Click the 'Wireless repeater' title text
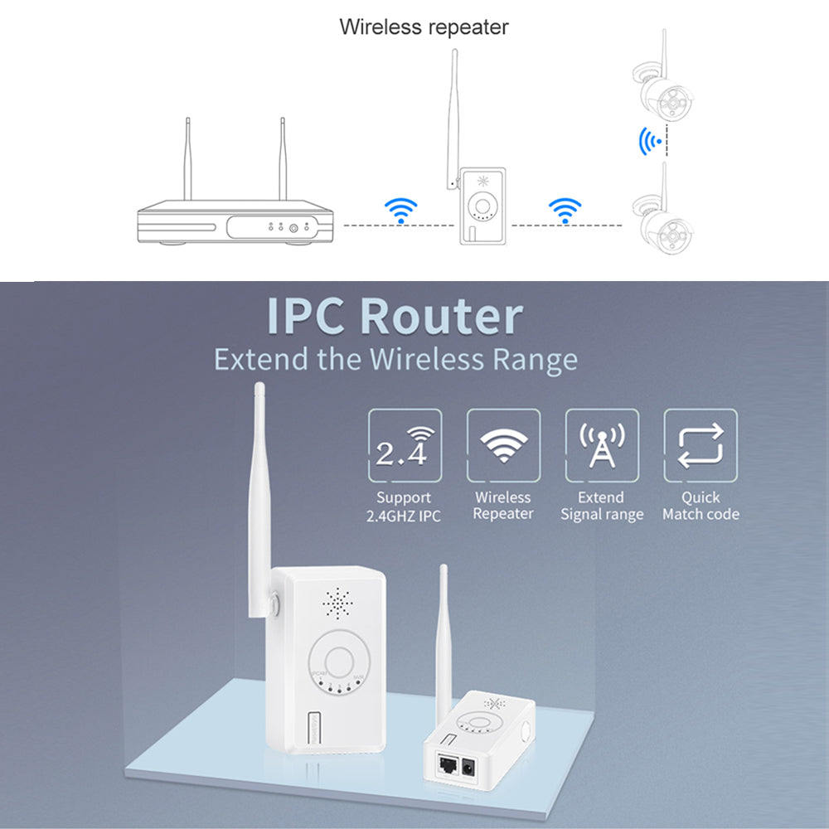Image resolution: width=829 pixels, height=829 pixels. pos(424,27)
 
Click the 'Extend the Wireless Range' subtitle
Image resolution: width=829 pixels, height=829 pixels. pos(395,360)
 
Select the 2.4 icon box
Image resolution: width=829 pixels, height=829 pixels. pos(405,446)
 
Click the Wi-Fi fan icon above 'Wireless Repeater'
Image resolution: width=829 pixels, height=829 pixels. pos(502,446)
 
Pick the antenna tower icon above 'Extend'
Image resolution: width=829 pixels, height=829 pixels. pos(602,446)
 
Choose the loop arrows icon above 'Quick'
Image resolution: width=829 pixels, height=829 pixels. pos(701,446)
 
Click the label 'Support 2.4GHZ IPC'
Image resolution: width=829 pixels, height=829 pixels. pos(404,507)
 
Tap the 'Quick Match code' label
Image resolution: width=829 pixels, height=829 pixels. pos(701,507)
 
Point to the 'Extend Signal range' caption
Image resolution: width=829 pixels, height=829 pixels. pos(602,507)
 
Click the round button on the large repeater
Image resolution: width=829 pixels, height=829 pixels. pos(339,661)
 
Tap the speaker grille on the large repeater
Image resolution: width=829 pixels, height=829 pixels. pos(337,605)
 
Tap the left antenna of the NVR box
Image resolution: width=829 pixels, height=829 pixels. pos(187,162)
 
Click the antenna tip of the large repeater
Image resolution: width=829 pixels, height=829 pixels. pos(258,388)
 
